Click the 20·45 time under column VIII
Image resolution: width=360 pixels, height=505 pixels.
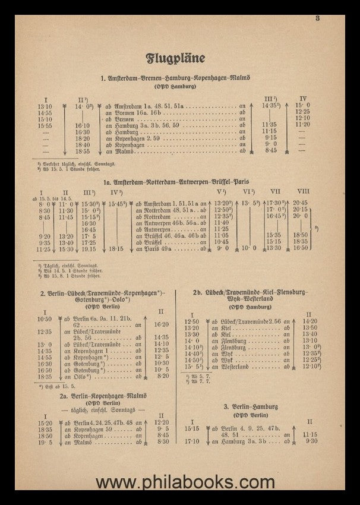pyautogui.click(x=302, y=203)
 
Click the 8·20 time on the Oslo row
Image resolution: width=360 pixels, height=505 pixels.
pyautogui.click(x=162, y=377)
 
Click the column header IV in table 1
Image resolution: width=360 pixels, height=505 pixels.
pyautogui.click(x=303, y=98)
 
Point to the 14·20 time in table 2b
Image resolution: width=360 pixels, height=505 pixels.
pyautogui.click(x=310, y=321)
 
